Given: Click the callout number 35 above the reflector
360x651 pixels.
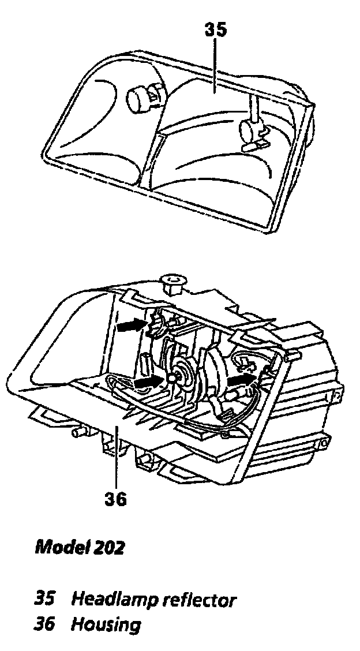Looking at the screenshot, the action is pos(216,30).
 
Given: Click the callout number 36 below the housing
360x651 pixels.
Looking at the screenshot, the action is pos(115,498).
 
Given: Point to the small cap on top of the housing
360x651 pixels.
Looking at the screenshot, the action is pos(172,283).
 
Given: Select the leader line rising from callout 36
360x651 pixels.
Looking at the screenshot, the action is pos(116,456).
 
